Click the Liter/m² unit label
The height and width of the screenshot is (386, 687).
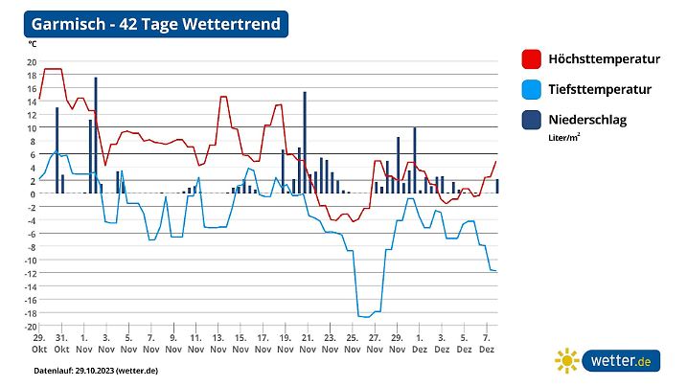pos(564,137)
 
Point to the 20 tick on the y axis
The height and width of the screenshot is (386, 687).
pos(31,61)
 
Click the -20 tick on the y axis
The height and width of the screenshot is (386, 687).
pos(30,327)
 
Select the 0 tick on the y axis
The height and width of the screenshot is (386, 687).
pos(33,194)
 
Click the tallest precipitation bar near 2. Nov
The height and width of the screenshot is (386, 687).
pos(96,134)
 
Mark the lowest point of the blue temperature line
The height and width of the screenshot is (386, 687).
pos(365,316)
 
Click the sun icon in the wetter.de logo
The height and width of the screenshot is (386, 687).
pos(567,361)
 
